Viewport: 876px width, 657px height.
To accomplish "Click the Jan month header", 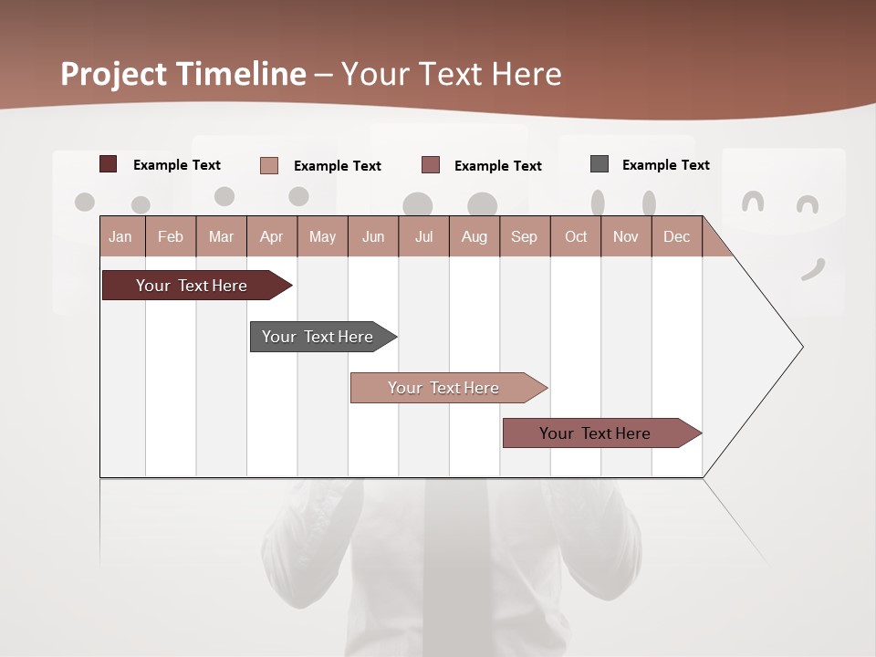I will (x=120, y=236).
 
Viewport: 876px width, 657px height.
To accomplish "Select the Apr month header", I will (x=272, y=236).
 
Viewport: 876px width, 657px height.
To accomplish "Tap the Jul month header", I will (x=423, y=236).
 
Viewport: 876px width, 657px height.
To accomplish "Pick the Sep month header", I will (x=524, y=236).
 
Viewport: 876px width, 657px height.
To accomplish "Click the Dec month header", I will (x=676, y=236).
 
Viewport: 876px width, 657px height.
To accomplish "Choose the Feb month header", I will (x=171, y=236).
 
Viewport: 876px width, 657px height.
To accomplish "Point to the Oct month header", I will (x=576, y=236).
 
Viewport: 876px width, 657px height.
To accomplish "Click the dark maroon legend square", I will (x=109, y=164).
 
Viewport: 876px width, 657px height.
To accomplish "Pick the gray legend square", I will (x=600, y=164).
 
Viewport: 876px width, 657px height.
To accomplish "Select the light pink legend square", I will (x=269, y=165).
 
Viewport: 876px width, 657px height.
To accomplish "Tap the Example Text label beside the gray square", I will (x=665, y=164).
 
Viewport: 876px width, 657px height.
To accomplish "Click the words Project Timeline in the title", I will (x=183, y=74).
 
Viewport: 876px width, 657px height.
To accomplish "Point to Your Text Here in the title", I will (x=452, y=74).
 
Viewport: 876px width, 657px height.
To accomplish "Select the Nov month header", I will (x=626, y=236).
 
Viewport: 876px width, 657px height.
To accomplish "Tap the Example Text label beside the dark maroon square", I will (x=176, y=164).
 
